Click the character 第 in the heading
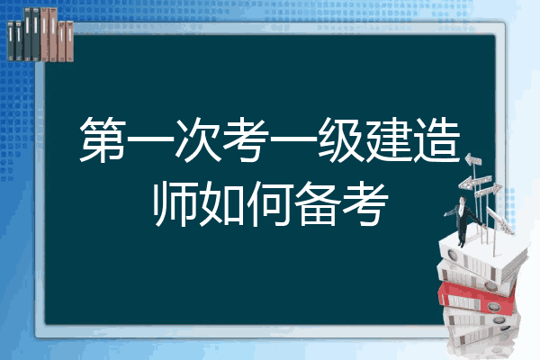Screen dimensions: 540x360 pos(103,139)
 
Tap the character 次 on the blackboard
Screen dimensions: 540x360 pos(198,139)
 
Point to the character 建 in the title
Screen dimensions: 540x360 pos(389,139)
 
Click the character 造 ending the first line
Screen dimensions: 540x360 pos(436,139)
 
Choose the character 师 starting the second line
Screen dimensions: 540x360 pos(175,204)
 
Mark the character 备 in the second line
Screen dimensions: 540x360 pos(318,204)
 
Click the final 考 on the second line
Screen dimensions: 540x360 pos(365,204)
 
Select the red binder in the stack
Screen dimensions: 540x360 pos(477,298)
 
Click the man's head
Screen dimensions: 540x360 pos(463,200)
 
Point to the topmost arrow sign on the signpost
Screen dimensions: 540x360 pos(473,159)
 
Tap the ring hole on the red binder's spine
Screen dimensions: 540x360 pos(493,306)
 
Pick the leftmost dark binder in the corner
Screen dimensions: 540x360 pos(11,40)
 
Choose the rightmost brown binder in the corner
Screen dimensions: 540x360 pos(69,41)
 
